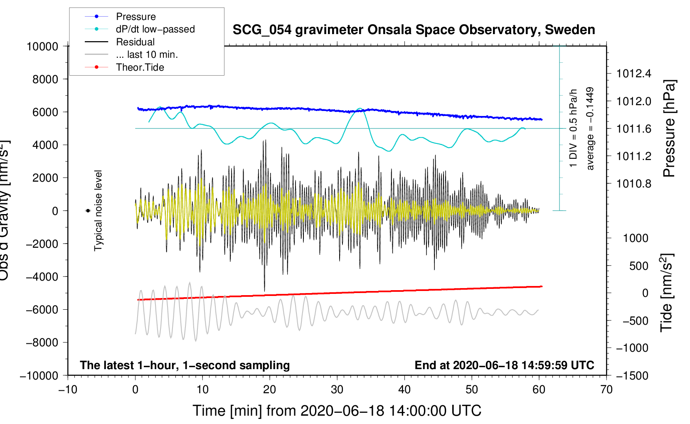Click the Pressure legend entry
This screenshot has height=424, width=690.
coord(136,17)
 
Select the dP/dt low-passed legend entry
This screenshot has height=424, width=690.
coord(155,29)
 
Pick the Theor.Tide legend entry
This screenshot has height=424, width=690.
coord(140,67)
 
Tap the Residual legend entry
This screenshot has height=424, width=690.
coord(135,42)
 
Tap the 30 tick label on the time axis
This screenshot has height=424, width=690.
coord(337,389)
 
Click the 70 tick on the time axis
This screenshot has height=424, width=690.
coord(606,389)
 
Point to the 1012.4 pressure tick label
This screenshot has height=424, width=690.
coord(634,74)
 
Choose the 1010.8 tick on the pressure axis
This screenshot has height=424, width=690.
coord(634,183)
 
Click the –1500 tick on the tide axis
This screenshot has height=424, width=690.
coord(632,375)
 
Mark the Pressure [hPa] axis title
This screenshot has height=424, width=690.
coord(669,128)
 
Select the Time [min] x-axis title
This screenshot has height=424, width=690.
coord(337,411)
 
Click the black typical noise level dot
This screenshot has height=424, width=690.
coord(88,211)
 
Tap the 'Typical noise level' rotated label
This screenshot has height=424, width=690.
coord(98,210)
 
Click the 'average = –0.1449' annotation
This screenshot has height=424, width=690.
coord(590,128)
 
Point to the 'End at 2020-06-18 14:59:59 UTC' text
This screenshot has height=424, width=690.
coord(504,365)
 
